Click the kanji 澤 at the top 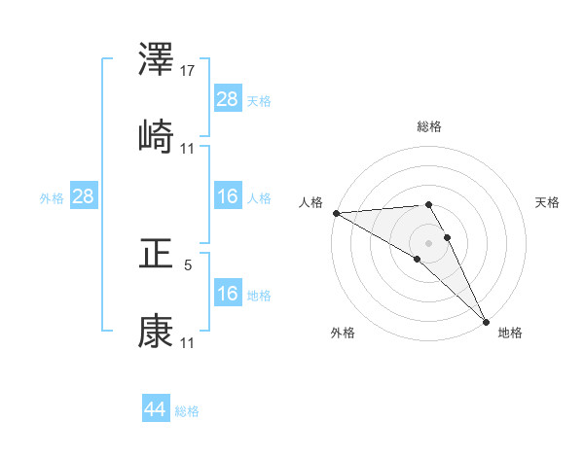(x=156, y=60)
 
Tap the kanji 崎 (x=156, y=137)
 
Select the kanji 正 (x=156, y=254)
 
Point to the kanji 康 (x=156, y=332)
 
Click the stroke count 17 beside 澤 (x=189, y=71)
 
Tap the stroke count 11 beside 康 (x=189, y=343)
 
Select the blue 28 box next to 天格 (x=228, y=99)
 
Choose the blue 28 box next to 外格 (x=83, y=196)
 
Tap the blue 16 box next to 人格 (x=228, y=196)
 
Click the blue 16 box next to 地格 (x=228, y=294)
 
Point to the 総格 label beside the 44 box (x=187, y=411)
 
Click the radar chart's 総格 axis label (x=429, y=126)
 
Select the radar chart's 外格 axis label (x=343, y=333)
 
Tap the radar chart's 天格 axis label (x=547, y=202)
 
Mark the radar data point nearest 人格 (x=336, y=213)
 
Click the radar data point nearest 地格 (x=486, y=321)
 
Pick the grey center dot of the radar (x=429, y=242)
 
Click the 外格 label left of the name (x=52, y=197)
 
